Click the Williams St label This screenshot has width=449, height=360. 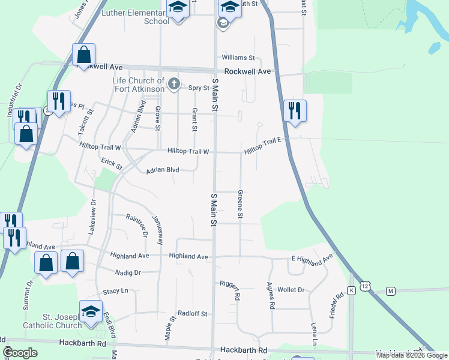click(238, 58)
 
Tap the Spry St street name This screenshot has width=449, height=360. click(199, 88)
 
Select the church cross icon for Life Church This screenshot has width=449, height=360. click(174, 83)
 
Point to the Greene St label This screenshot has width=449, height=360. click(240, 204)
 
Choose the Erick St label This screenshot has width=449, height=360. click(112, 163)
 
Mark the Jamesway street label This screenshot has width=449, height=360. click(158, 229)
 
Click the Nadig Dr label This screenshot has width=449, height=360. click(128, 272)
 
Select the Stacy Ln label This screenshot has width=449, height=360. click(116, 291)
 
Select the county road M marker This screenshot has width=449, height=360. click(391, 291)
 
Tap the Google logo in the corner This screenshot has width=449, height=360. click(20, 353)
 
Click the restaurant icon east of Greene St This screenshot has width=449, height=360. click(294, 110)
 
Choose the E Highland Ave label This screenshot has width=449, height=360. click(312, 260)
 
